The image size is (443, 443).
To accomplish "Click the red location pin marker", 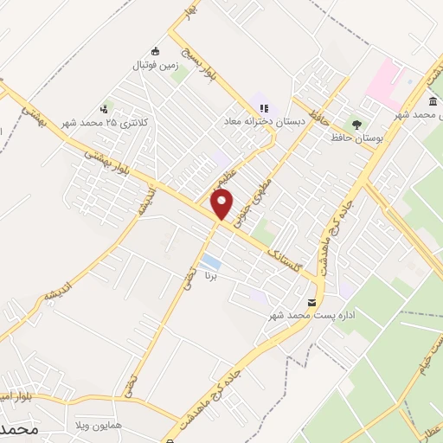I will click(222, 205).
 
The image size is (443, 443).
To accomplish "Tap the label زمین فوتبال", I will click(154, 65).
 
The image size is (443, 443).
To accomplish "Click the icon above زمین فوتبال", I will click(155, 49).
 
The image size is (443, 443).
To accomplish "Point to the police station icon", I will click(105, 109).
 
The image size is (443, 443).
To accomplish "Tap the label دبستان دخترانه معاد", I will click(260, 121).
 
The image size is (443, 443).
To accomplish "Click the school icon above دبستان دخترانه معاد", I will click(263, 107).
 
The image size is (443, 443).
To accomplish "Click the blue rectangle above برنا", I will click(209, 260).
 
